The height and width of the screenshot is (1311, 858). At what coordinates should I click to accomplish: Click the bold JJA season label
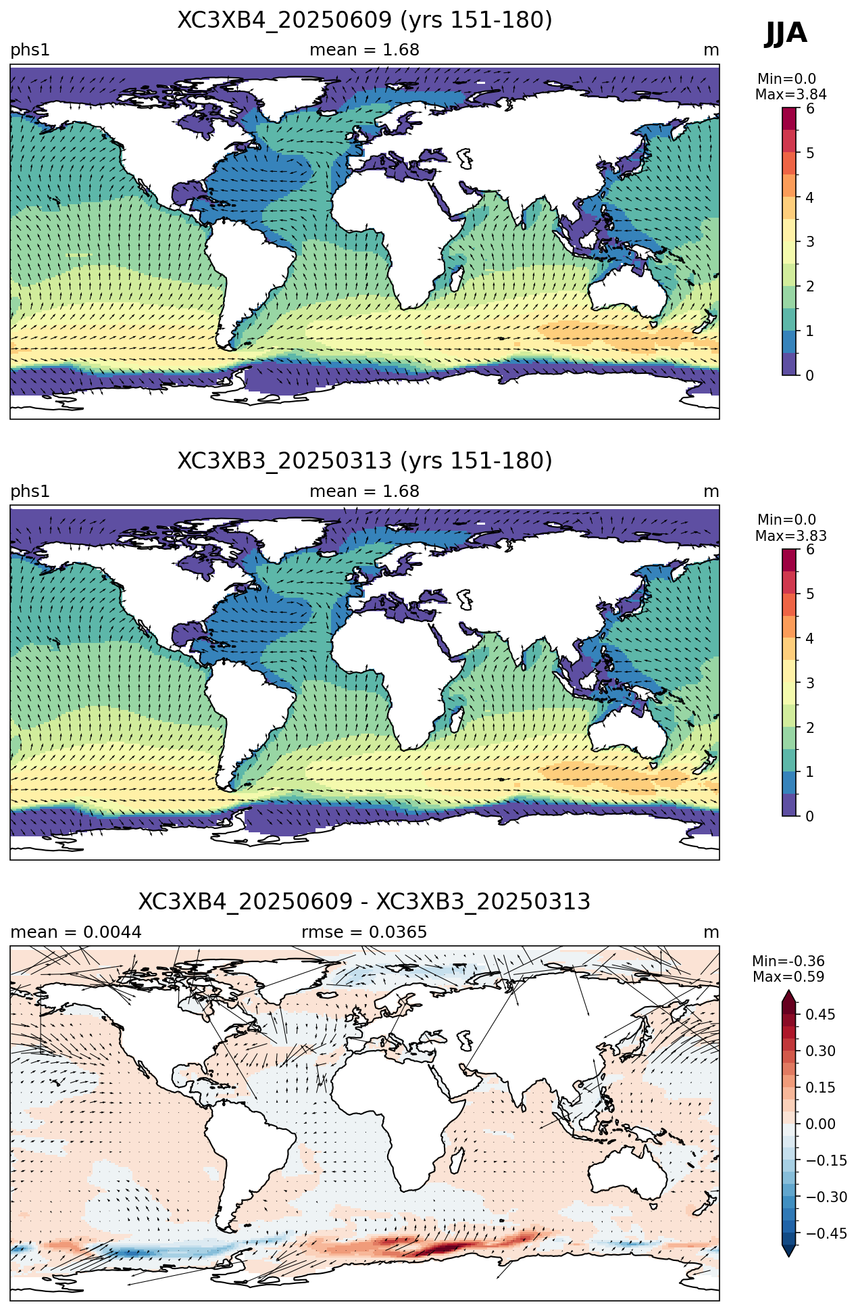pos(786,33)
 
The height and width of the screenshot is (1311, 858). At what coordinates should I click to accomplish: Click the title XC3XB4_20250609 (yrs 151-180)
pos(365,20)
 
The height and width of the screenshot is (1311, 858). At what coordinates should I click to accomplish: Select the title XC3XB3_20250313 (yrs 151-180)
pos(365,461)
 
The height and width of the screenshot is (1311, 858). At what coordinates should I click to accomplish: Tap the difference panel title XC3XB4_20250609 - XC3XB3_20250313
pos(365,902)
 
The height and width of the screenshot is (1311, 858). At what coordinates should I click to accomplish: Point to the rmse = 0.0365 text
pos(365,932)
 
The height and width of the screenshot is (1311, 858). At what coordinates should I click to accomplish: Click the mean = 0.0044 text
pos(76,932)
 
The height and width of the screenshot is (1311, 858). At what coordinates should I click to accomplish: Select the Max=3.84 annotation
pos(791,95)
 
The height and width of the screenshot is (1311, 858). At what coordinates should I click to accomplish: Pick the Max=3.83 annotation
pos(791,536)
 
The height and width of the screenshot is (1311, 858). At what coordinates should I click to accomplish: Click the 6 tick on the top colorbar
pos(810,109)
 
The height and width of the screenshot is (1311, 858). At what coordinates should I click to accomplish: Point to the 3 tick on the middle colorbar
pos(810,683)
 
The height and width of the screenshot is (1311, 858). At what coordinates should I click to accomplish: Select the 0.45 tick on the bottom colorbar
pos(820,1014)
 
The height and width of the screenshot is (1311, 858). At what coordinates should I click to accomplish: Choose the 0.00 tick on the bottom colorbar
pos(820,1124)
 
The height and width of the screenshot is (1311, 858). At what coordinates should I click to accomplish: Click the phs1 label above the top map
pos(30,50)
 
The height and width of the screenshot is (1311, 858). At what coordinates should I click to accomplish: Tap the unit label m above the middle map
pos(711,492)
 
